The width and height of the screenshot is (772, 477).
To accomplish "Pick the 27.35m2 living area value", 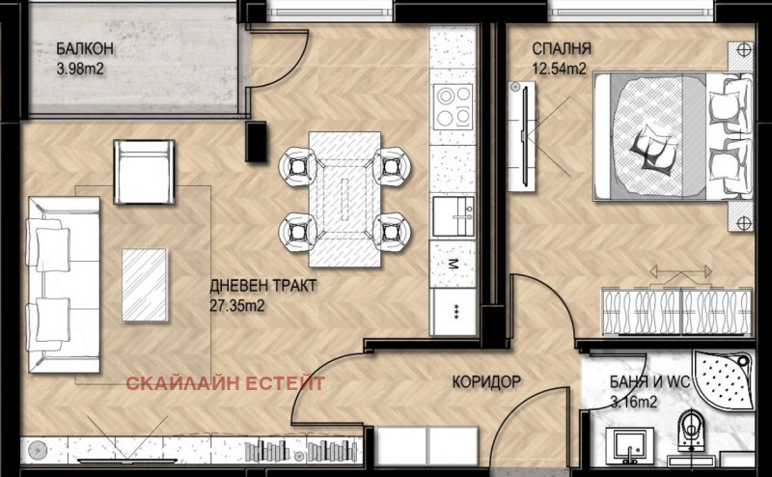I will pyautogui.click(x=237, y=306).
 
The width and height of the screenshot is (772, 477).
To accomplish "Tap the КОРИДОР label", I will pyautogui.click(x=485, y=382).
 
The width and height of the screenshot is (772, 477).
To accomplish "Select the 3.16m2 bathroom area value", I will pyautogui.click(x=634, y=402).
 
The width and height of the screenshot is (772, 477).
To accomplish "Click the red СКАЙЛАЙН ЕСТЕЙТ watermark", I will pyautogui.click(x=226, y=383).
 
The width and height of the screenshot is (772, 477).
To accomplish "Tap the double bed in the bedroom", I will pyautogui.click(x=671, y=138).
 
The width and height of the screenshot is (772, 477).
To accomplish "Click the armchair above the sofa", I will pyautogui.click(x=144, y=168).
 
